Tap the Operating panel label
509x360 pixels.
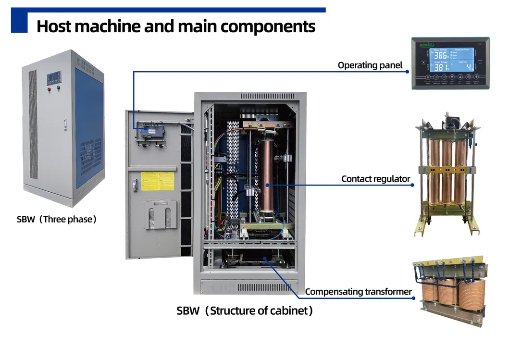click(370, 65)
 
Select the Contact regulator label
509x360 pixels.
click(375, 179)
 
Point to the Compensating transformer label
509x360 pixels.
click(358, 291)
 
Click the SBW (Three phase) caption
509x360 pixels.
click(57, 219)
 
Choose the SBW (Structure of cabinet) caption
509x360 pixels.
click(245, 310)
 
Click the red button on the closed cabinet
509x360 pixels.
click(49, 89)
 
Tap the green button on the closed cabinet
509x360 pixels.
click(58, 88)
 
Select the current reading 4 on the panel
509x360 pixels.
click(470, 67)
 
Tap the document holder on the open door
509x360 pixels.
click(160, 214)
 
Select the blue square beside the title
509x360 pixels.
click(19, 22)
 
